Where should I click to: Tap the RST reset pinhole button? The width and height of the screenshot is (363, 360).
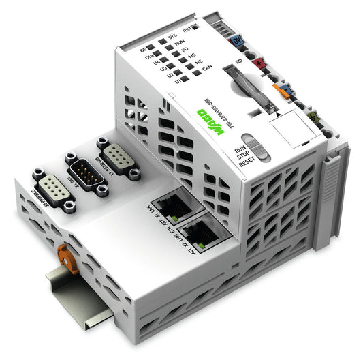coord(194,28)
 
